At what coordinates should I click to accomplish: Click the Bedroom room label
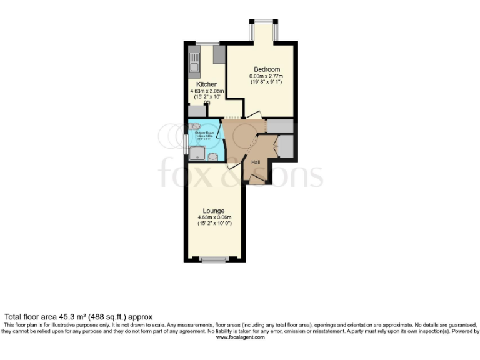(266, 69)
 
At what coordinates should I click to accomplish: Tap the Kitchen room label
(207, 84)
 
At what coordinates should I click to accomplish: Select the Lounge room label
(214, 211)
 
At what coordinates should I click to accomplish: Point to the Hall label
(256, 162)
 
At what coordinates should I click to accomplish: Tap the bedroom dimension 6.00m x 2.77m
(266, 76)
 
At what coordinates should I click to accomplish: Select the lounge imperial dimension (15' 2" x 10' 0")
(214, 224)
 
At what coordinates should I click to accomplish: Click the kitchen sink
(193, 65)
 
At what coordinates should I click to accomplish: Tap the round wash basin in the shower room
(212, 157)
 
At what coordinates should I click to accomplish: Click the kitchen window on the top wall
(207, 42)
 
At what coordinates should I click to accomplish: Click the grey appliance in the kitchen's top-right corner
(218, 55)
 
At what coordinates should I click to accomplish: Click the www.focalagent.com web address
(240, 337)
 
